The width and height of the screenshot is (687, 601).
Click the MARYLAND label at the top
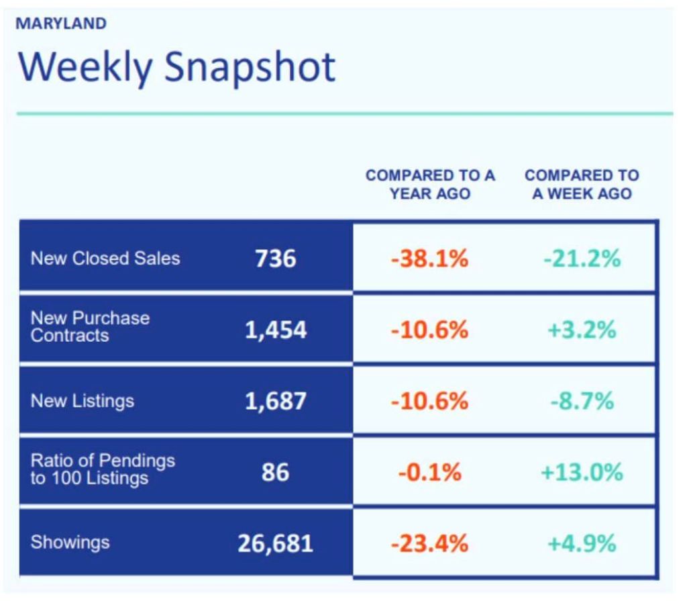pos(61,24)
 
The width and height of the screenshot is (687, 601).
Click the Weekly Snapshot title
pos(176,67)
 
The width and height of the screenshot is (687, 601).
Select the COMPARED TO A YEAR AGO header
pos(430,185)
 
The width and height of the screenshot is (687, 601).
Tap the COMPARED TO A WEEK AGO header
pos(582,185)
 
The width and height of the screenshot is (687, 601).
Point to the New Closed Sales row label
pos(105,259)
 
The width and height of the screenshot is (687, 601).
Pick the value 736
pos(275,259)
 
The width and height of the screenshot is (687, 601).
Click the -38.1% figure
pos(429,259)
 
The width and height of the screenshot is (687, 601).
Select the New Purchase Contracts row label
pos(90,326)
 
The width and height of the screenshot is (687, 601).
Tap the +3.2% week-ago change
pos(581,330)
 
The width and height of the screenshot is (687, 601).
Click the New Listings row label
pos(82,402)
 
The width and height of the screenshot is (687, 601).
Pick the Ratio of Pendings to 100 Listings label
pos(102,469)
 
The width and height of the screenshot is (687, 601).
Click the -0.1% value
pos(429,473)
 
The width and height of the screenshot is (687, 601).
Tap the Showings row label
pos(70,543)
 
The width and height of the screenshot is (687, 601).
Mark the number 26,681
pos(275,543)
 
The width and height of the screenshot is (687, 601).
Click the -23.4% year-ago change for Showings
pos(429,543)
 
